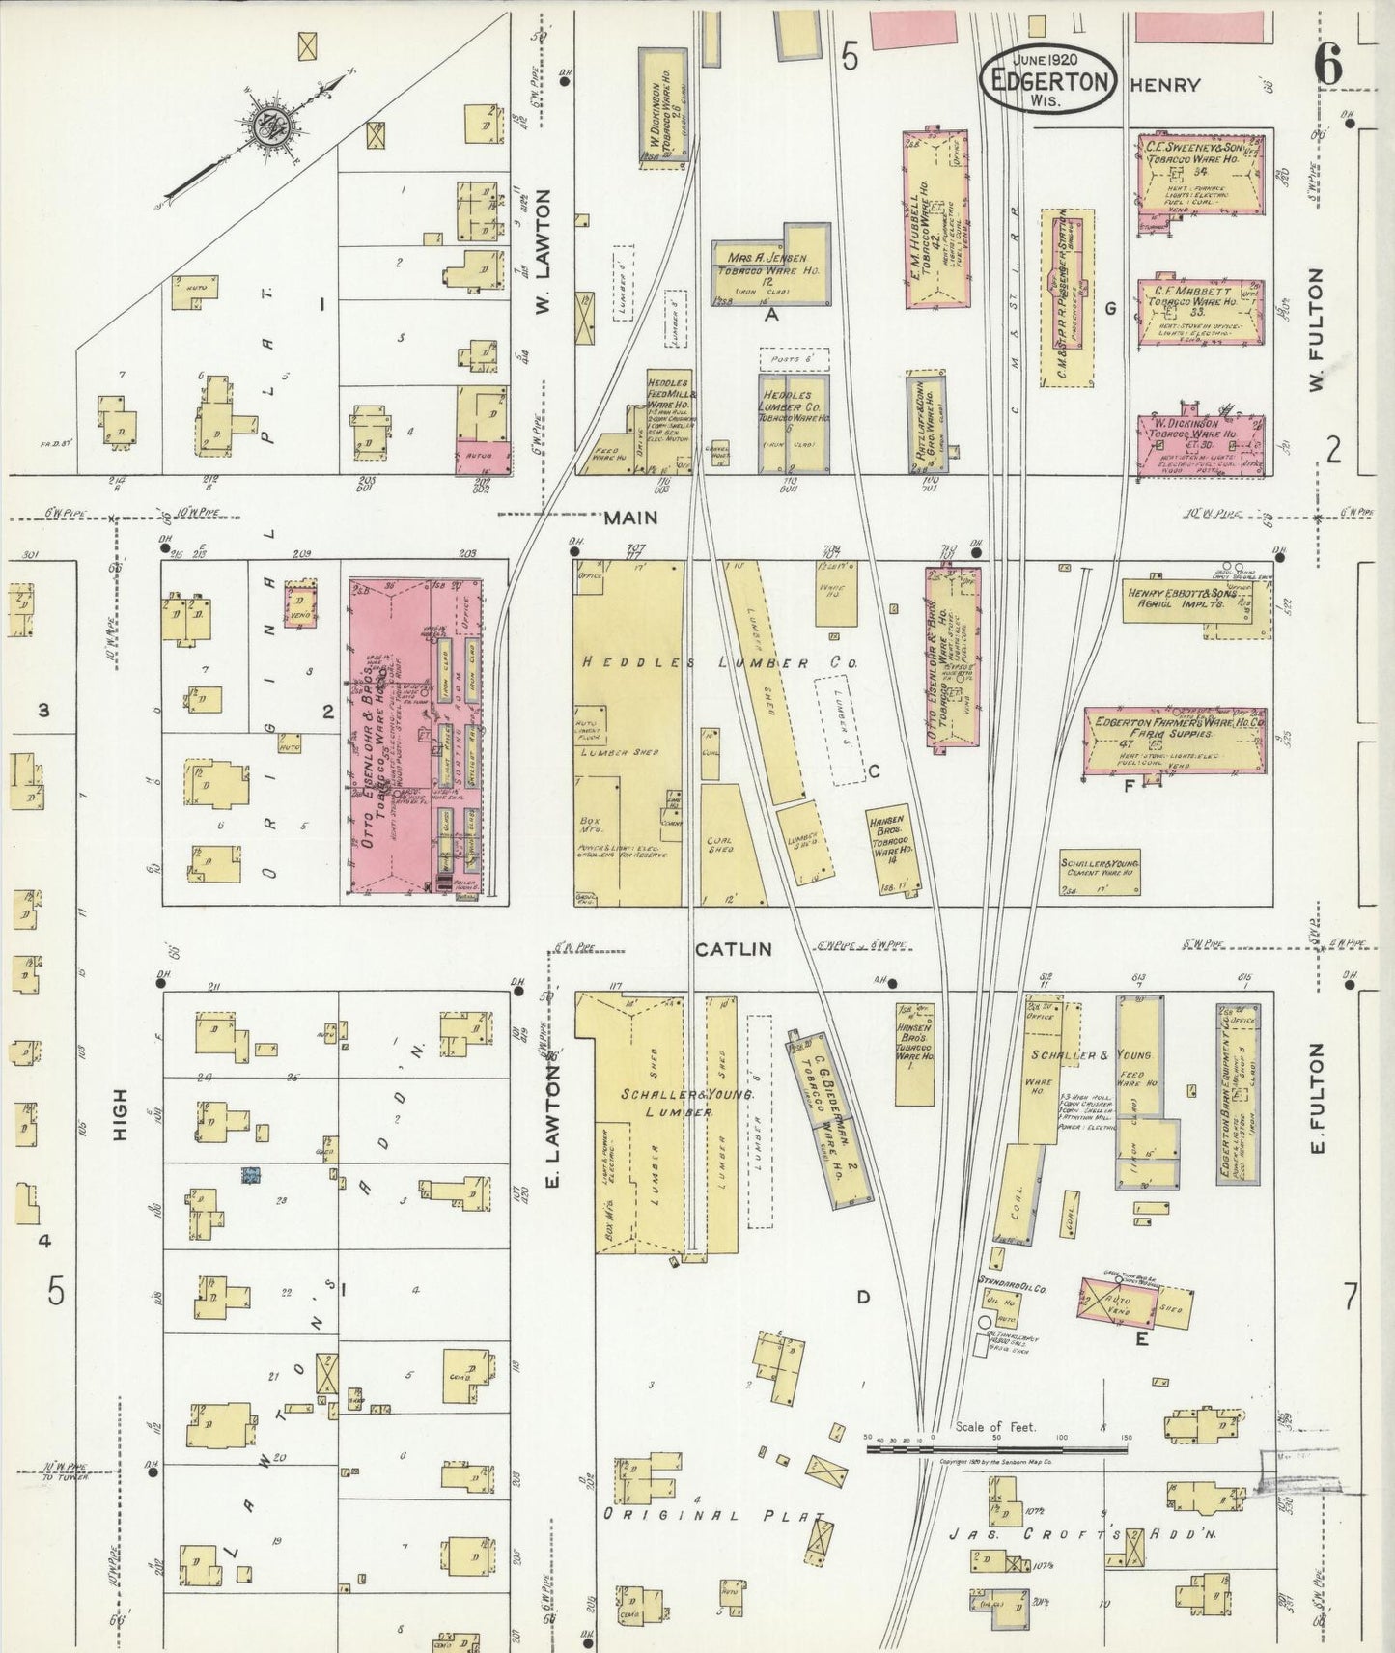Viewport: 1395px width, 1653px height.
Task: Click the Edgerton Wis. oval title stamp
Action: coord(1049,77)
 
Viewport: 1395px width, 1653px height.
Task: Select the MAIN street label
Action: coord(630,518)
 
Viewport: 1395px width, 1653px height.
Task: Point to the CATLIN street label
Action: coord(734,949)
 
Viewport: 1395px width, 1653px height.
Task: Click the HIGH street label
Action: coord(120,1115)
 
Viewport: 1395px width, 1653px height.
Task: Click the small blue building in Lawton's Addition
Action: coord(252,1175)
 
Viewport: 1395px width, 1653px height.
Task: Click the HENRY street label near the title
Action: coord(1165,85)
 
